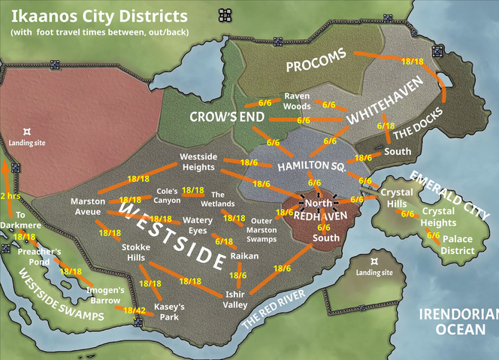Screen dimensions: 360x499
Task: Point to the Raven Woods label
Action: (x=297, y=101)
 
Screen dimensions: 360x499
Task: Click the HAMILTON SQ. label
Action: (x=311, y=165)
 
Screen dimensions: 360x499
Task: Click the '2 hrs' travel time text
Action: (x=10, y=196)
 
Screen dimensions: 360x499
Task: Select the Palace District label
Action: (x=457, y=245)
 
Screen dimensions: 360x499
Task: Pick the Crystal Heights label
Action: (x=438, y=217)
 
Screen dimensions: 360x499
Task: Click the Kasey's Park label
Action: (x=169, y=312)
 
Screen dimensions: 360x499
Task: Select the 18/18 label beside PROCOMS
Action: (x=413, y=61)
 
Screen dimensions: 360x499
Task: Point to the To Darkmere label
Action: (x=20, y=219)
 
